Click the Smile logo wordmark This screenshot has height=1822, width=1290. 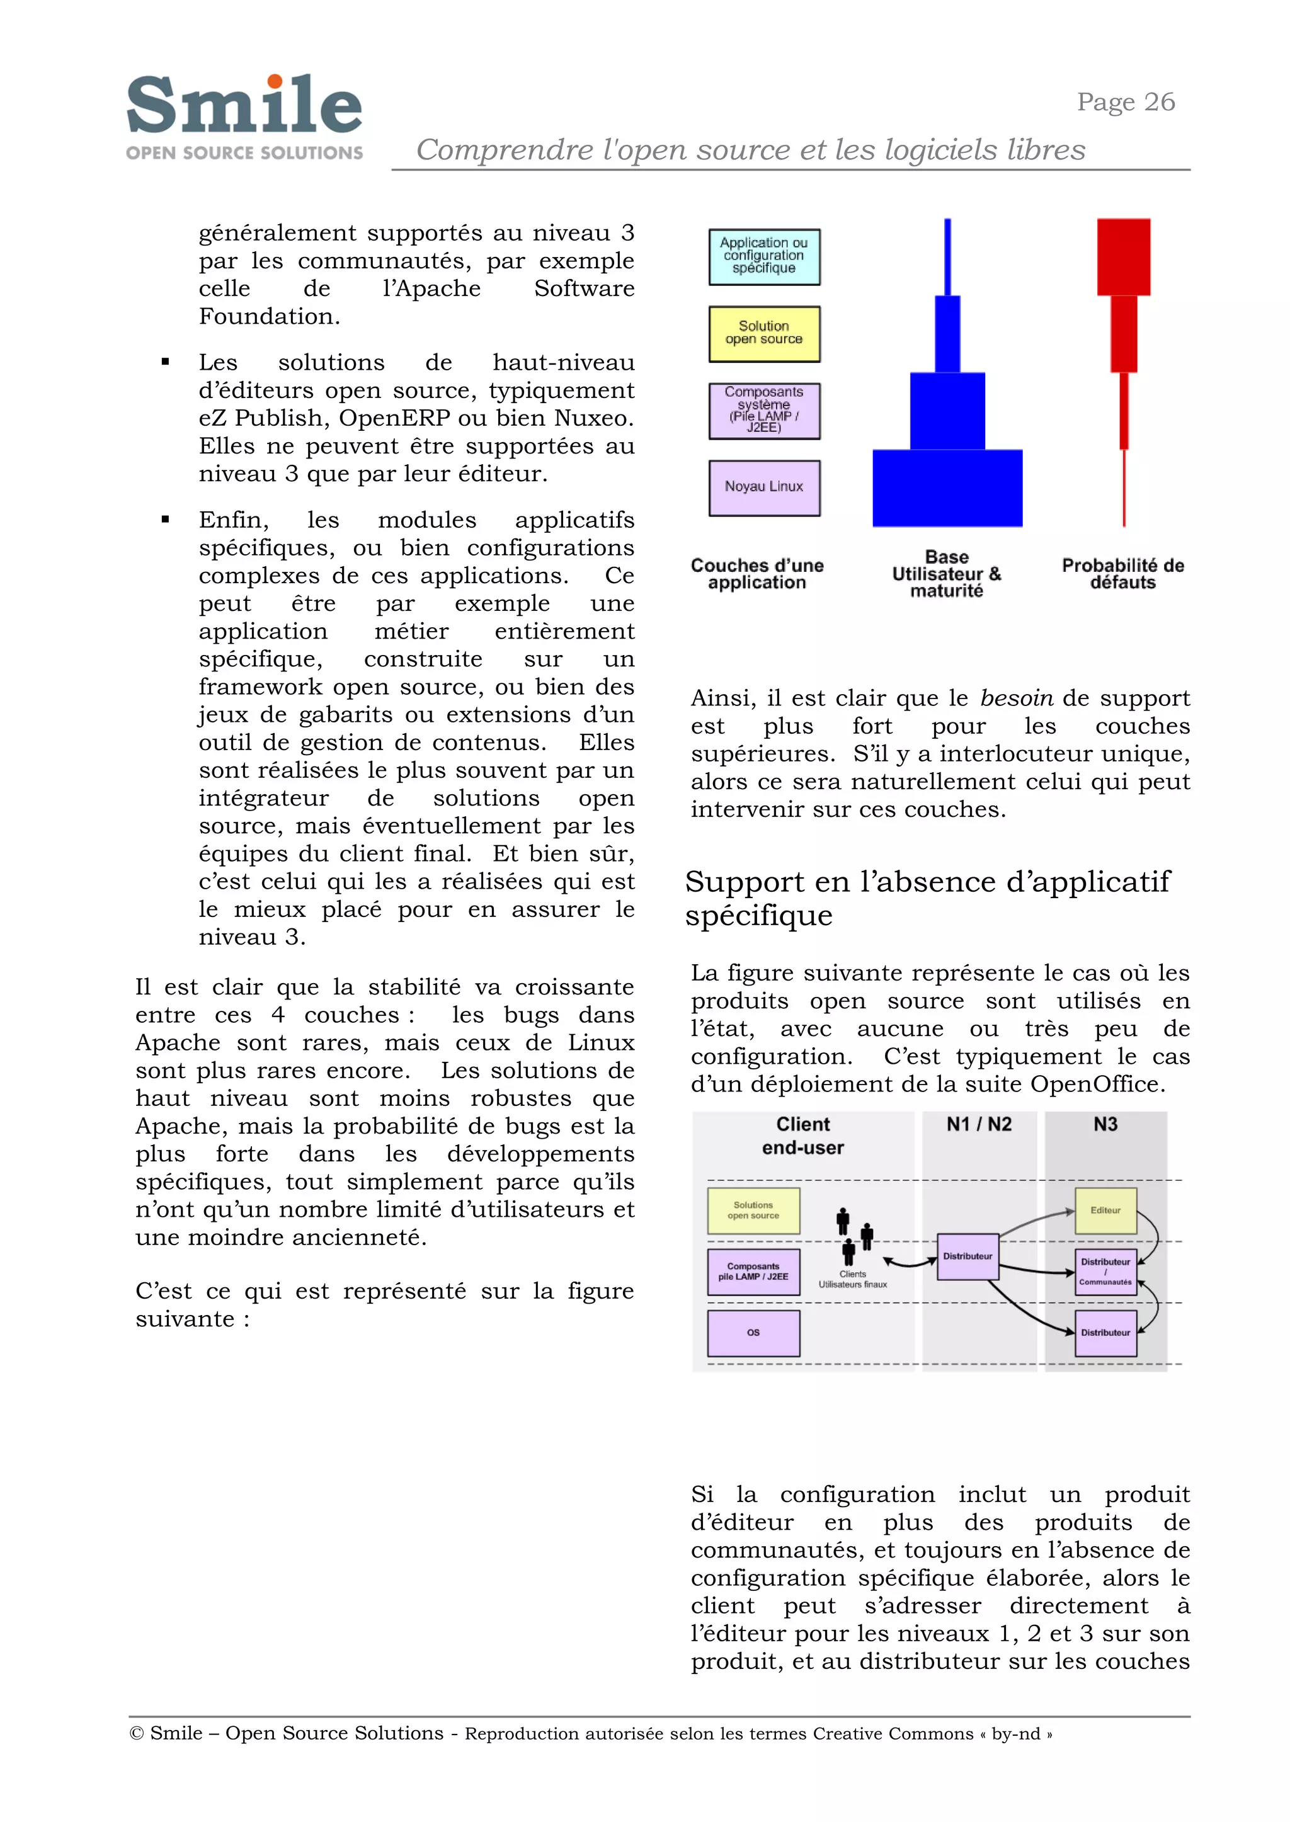tap(244, 106)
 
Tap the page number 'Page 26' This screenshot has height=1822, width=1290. tap(1125, 103)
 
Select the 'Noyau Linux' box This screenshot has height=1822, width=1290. tap(763, 487)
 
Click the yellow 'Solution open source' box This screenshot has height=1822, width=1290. tap(763, 334)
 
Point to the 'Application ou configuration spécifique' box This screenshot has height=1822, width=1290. tap(763, 256)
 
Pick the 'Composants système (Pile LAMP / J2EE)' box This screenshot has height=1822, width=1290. tap(763, 411)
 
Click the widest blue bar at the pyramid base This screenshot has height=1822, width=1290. tap(947, 487)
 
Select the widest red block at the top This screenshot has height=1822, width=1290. tap(1123, 256)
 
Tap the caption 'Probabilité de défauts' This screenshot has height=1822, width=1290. tap(1122, 574)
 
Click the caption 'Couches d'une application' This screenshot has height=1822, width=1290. tap(757, 574)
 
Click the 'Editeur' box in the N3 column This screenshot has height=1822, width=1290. tap(1105, 1210)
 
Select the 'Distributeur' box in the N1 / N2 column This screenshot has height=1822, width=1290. tap(967, 1256)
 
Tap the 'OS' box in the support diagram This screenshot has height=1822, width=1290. tap(753, 1333)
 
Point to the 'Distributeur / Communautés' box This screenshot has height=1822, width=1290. tap(1105, 1272)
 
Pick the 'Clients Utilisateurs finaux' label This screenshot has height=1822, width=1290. tap(852, 1278)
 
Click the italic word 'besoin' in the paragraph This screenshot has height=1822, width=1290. tap(1017, 698)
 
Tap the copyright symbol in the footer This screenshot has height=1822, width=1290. tap(136, 1733)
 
